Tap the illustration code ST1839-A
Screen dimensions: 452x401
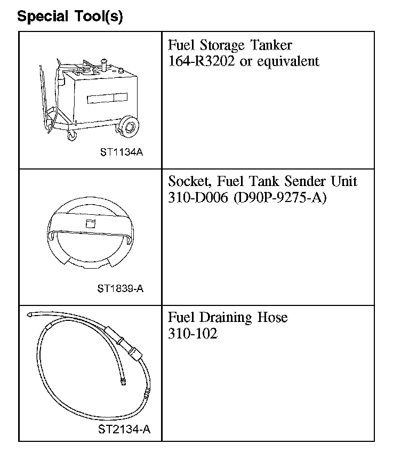pyautogui.click(x=121, y=289)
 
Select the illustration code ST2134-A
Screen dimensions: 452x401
pyautogui.click(x=124, y=429)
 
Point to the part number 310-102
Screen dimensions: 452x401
pyautogui.click(x=193, y=334)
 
